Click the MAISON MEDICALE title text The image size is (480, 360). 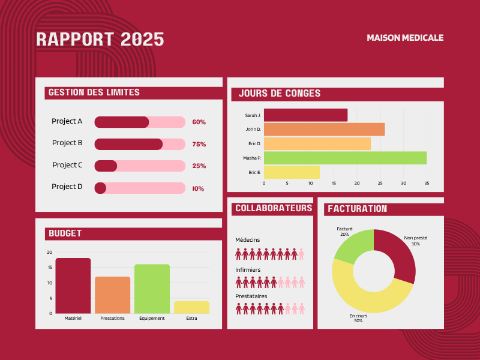point(405,38)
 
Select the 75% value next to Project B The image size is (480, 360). point(199,144)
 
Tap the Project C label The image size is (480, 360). point(67,164)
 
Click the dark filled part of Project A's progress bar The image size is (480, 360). point(122,122)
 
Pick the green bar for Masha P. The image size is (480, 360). point(346,158)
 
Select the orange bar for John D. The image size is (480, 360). point(324,129)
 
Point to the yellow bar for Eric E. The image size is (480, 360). point(292,172)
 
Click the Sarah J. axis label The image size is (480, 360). point(253,115)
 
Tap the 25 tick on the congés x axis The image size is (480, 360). point(380,183)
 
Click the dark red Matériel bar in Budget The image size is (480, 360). point(73,286)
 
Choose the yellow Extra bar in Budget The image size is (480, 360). point(191,307)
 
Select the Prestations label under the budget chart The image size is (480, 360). point(112,319)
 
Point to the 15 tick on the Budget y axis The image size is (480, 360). point(50,267)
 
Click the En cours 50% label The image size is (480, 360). point(358,318)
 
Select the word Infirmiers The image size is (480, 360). point(248,269)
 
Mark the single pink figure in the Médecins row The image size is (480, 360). point(301,254)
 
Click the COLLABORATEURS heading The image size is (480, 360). point(274,208)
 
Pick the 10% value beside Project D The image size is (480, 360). point(198,188)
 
